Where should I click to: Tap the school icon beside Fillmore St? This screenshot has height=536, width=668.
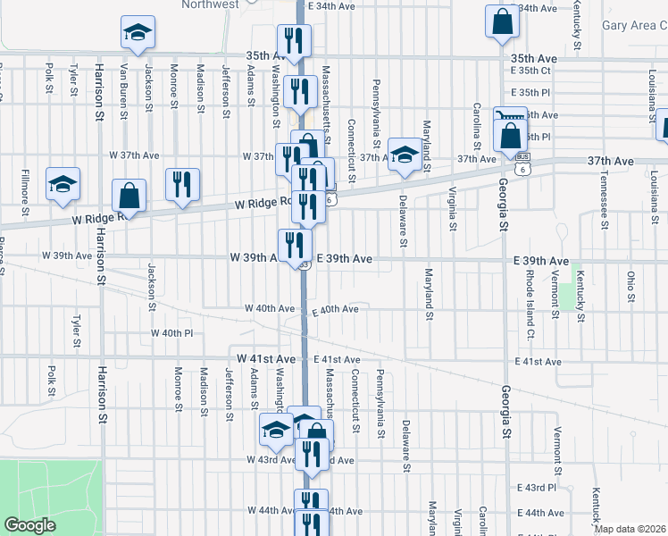point(63,184)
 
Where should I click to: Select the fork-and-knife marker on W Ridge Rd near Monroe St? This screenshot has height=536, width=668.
point(182,185)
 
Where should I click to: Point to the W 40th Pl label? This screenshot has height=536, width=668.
point(172,333)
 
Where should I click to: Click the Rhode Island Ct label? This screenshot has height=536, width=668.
point(530,304)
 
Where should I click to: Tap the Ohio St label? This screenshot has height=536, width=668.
point(631,285)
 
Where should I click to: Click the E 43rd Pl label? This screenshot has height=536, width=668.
point(537,488)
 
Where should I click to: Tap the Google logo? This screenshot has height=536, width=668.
point(31,525)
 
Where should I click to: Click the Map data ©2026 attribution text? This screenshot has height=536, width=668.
point(630,529)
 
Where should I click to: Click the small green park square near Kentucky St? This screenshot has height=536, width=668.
point(565,298)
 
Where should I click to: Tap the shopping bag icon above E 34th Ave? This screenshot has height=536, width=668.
point(502,22)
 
